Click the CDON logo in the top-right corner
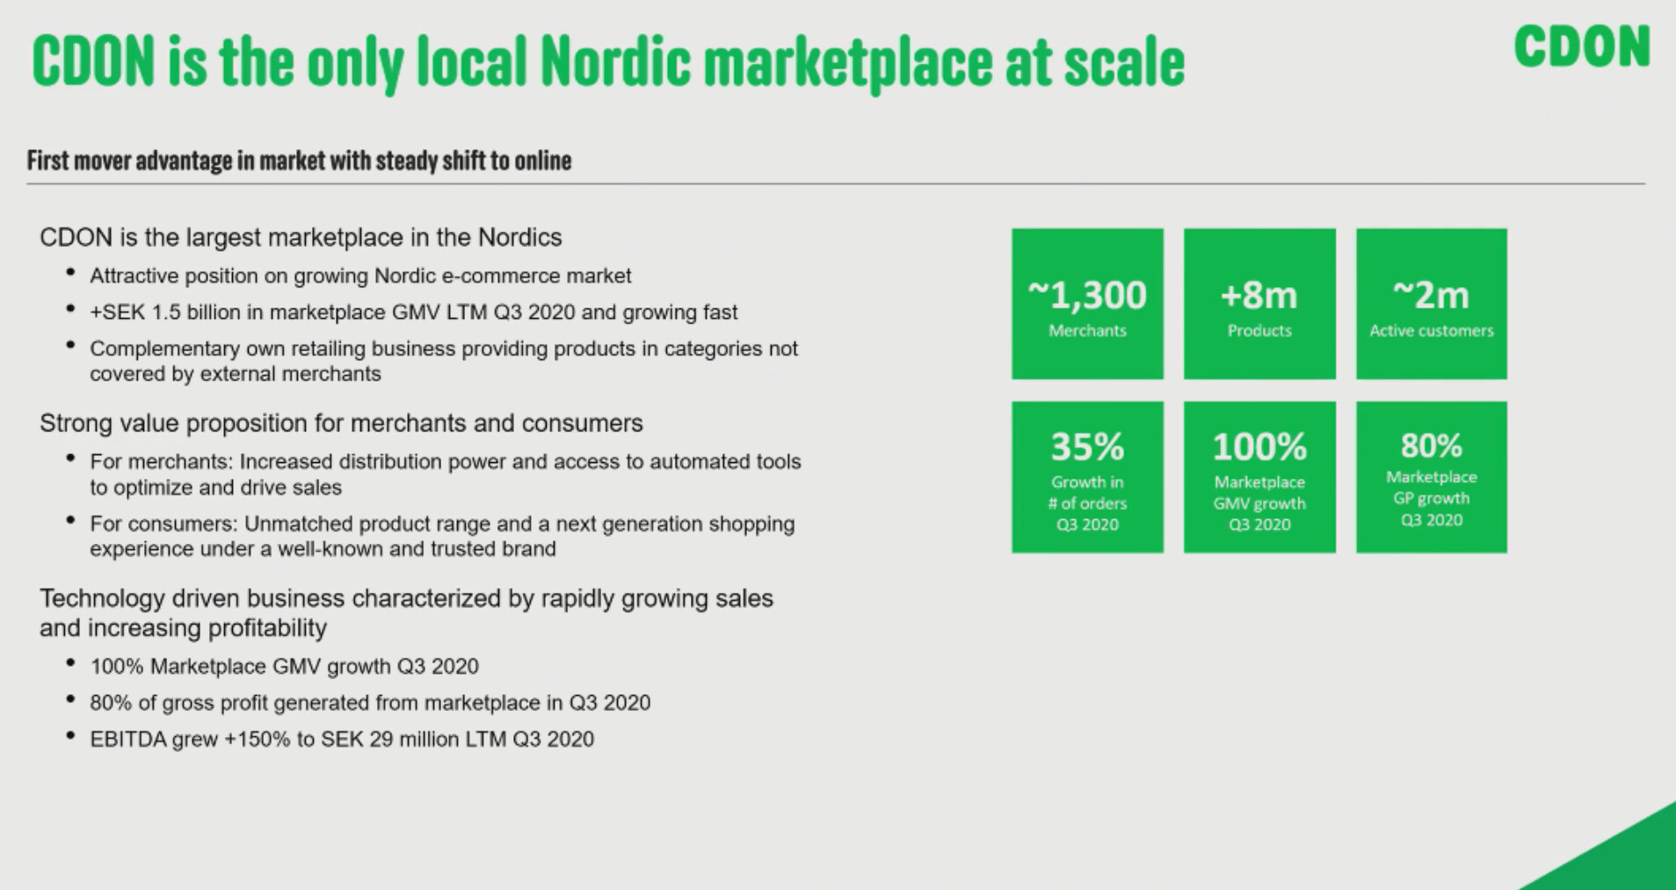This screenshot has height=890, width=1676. [1582, 47]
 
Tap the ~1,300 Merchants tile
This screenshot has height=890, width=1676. [1087, 304]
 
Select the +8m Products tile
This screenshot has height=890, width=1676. [1259, 304]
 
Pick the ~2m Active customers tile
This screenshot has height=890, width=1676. [1432, 304]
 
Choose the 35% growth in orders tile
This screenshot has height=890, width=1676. [1087, 477]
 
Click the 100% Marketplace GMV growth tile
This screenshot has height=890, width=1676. [1259, 477]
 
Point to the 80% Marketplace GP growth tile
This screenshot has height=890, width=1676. [1432, 477]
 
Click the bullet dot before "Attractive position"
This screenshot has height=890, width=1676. [70, 274]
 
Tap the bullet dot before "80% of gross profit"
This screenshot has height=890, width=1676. [70, 701]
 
